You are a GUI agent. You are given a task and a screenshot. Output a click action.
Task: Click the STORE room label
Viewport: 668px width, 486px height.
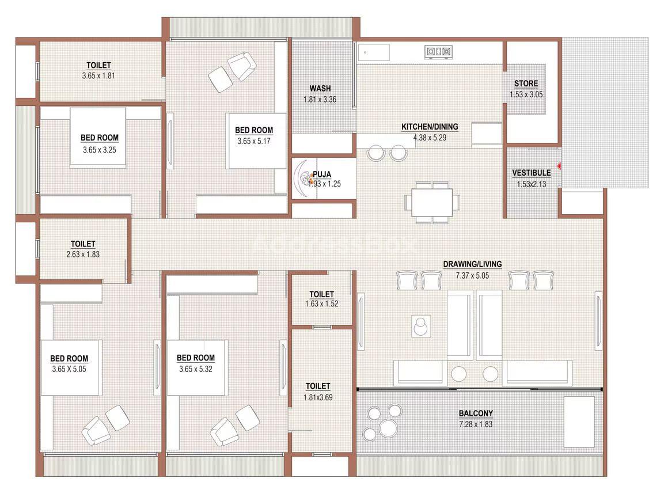click(526, 83)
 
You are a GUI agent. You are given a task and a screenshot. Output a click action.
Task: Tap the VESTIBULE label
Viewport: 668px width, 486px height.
click(532, 173)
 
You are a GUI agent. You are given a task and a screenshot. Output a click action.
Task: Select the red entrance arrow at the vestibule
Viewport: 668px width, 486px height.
click(559, 166)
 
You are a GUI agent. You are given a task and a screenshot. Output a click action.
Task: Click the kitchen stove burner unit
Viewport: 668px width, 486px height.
click(438, 52)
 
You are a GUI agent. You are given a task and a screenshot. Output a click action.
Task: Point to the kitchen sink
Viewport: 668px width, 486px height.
click(374, 53)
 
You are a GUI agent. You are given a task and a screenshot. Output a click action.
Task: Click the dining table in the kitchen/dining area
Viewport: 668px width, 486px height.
click(432, 202)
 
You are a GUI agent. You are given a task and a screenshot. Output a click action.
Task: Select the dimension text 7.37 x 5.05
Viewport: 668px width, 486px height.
click(472, 276)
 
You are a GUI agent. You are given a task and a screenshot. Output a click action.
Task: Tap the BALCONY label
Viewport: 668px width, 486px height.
click(476, 413)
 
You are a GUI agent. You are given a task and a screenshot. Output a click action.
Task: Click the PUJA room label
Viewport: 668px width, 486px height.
click(322, 174)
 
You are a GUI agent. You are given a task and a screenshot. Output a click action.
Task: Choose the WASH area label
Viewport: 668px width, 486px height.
click(320, 89)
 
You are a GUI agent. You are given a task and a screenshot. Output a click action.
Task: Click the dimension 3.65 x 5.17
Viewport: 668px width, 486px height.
click(254, 141)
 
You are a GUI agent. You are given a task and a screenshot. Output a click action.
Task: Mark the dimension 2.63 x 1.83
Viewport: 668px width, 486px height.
click(83, 255)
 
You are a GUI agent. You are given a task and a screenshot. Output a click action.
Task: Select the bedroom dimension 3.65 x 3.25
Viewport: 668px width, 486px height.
click(99, 150)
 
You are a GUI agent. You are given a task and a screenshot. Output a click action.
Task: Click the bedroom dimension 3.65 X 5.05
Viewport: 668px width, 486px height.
click(69, 369)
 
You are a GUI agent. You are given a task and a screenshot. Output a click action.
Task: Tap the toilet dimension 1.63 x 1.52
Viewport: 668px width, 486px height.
click(322, 303)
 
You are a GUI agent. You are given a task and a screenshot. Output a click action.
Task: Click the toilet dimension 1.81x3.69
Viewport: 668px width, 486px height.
click(318, 397)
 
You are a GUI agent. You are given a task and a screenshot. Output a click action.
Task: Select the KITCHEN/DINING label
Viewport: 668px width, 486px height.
click(430, 127)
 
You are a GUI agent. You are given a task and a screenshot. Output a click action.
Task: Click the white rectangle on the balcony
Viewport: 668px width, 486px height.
click(579, 422)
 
